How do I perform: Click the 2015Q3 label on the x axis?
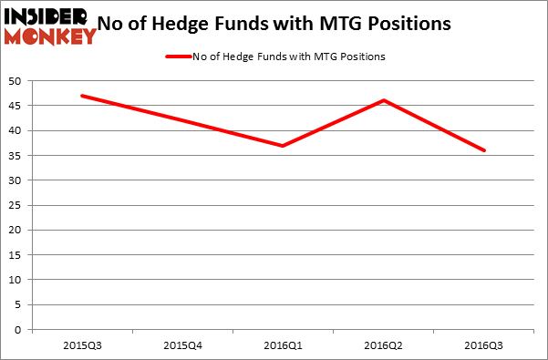(x=82, y=345)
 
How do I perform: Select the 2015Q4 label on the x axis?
(x=183, y=345)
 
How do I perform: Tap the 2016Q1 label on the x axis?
(x=284, y=345)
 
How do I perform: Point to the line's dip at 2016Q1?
(x=284, y=146)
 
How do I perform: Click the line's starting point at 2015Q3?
(x=82, y=96)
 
